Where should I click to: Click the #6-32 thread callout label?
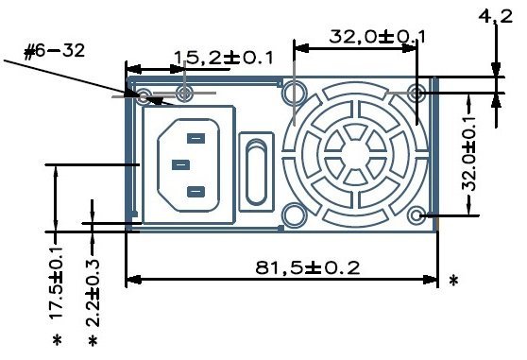(x=54, y=51)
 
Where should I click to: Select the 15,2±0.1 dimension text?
(x=224, y=58)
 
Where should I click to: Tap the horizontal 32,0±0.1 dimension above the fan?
(x=377, y=37)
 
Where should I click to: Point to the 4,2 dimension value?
(x=496, y=16)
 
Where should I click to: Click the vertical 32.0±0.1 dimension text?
(x=470, y=154)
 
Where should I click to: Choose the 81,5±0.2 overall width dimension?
(x=308, y=267)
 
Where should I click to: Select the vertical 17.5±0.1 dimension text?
(x=56, y=282)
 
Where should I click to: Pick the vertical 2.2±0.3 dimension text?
(x=93, y=292)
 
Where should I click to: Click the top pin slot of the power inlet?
(x=195, y=138)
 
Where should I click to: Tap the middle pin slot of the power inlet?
(x=180, y=165)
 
